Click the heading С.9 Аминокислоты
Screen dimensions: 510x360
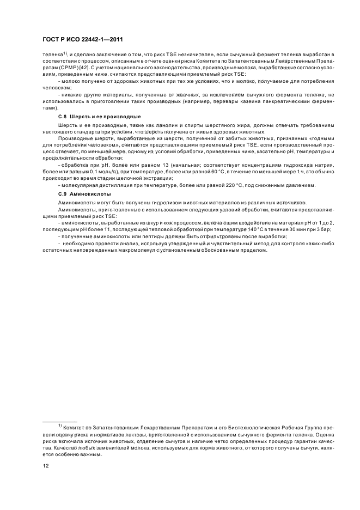[84, 194]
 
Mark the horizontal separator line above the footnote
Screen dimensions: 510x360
[60, 422]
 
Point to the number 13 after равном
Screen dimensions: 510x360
[144, 165]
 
